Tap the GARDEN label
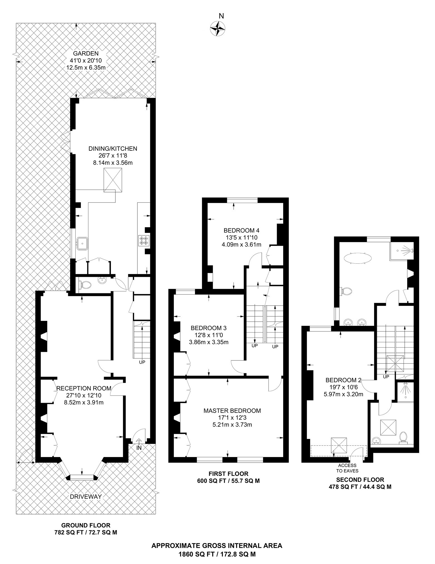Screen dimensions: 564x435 point(86,53)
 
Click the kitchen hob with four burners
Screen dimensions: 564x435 point(144,241)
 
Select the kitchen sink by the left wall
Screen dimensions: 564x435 point(82,243)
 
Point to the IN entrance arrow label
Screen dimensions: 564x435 point(139,448)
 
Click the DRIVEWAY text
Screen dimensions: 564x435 point(86,496)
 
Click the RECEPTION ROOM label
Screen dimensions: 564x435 point(84,388)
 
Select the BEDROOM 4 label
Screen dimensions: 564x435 point(241,230)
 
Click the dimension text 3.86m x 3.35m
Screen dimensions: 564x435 point(209,342)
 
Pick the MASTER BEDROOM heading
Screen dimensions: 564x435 point(232,411)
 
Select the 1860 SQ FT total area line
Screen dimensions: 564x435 point(217,554)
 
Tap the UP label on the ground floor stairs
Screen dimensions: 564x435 point(142,362)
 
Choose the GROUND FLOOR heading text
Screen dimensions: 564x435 point(86,525)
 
